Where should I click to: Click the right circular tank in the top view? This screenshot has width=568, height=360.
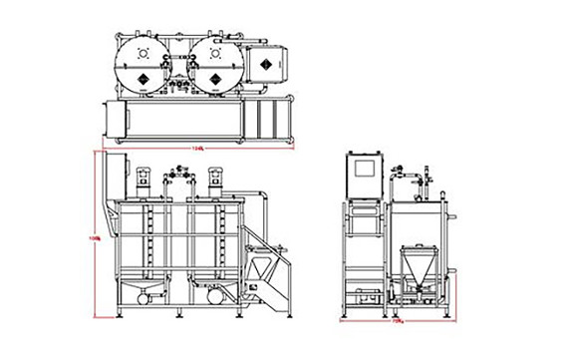point(217,65)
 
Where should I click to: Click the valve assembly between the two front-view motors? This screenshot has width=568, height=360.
point(179,182)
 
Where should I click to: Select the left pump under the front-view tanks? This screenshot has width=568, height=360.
point(144,296)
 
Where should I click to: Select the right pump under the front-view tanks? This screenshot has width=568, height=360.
point(215,296)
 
